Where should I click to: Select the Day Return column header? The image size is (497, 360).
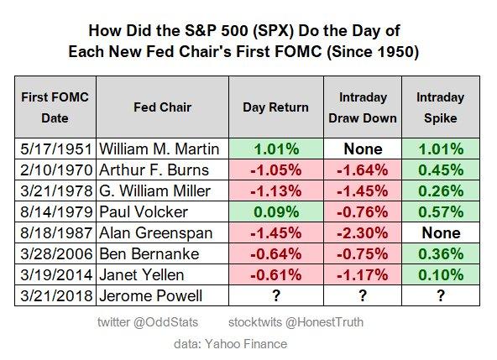pos(276,107)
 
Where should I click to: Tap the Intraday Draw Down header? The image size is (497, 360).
pos(363,107)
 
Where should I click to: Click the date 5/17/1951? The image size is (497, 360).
pos(55,149)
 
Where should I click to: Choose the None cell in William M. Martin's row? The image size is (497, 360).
pos(363,149)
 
